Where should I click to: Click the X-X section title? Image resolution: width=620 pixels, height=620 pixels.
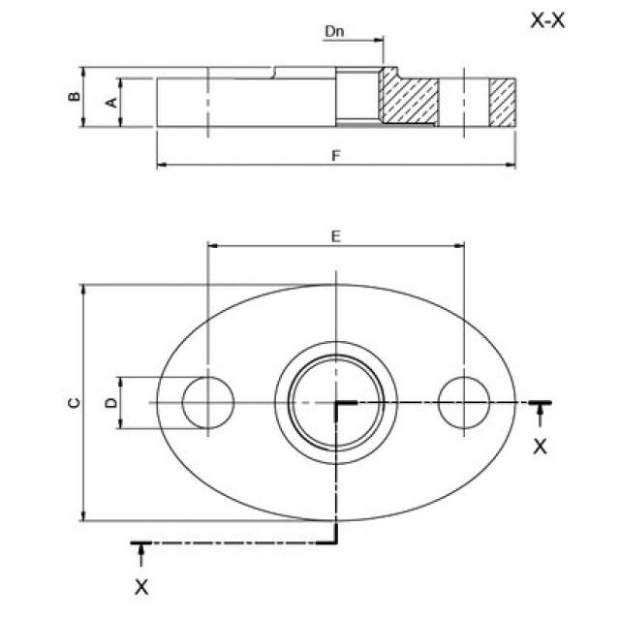[x=547, y=20]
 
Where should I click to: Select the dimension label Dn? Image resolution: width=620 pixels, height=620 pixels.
[x=334, y=31]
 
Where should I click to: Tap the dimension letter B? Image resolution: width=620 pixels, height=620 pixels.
[x=73, y=97]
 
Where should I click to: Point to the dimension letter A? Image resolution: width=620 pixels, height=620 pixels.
[x=111, y=101]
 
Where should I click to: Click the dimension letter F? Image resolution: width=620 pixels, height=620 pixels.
[x=335, y=155]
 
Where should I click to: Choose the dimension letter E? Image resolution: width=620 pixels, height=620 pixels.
[x=335, y=234]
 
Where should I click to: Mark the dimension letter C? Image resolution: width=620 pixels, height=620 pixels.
[x=73, y=403]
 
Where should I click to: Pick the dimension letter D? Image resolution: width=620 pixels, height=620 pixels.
[x=111, y=401]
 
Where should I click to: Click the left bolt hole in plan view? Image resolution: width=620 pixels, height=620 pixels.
[x=208, y=402]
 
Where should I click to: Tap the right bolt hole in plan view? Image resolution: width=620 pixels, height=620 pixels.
[x=463, y=402]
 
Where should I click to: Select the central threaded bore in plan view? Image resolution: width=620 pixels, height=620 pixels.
[x=335, y=402]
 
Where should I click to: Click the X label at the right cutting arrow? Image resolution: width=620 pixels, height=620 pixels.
[x=541, y=447]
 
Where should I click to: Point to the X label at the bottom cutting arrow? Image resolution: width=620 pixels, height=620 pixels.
[x=141, y=587]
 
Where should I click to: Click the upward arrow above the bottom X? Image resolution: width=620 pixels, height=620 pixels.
[x=141, y=555]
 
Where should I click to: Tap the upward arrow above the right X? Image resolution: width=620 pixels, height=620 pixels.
[x=541, y=415]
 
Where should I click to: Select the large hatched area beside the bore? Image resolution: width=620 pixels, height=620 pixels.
[x=408, y=98]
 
